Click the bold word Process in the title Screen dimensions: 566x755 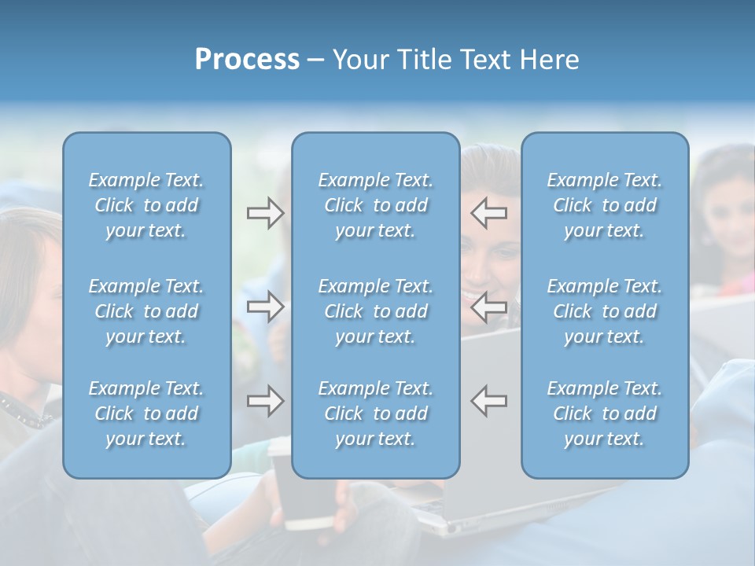point(247,60)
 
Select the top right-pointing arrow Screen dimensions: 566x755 point(265,213)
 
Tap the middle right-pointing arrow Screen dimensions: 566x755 point(265,307)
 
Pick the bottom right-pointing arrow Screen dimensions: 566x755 point(265,401)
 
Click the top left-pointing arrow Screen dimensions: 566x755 point(489,213)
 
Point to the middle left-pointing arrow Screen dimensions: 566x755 point(489,307)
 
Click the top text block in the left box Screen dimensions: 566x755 point(146,205)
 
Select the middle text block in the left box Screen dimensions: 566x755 point(146,311)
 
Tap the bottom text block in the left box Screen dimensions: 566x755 point(146,413)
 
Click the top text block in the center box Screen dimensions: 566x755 point(376,205)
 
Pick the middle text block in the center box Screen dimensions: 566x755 point(376,311)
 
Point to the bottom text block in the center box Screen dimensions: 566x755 point(376,413)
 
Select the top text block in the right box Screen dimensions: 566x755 point(605,205)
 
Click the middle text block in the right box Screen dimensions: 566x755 point(605,311)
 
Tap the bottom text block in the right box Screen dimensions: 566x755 point(605,413)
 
